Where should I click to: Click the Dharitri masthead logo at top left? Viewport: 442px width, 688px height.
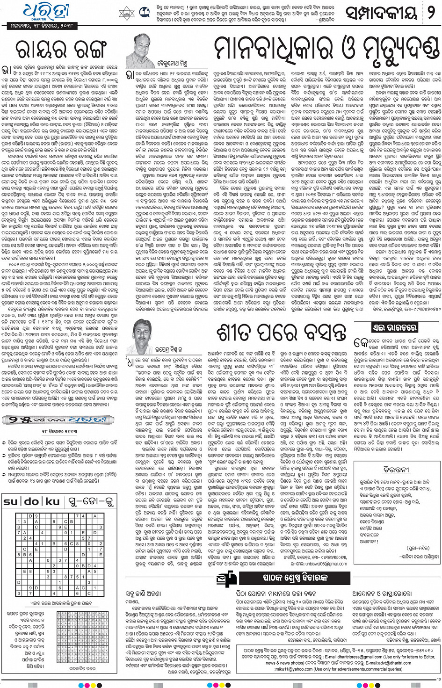(46, 11)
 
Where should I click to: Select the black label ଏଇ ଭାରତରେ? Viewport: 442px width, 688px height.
(394, 327)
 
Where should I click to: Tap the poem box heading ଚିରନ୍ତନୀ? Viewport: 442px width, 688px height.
(396, 469)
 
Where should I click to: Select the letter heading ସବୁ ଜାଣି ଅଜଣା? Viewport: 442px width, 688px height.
(144, 594)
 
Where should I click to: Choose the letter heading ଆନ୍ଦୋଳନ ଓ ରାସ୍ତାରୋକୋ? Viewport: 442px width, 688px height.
(382, 594)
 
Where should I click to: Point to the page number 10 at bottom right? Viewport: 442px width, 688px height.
(438, 679)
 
